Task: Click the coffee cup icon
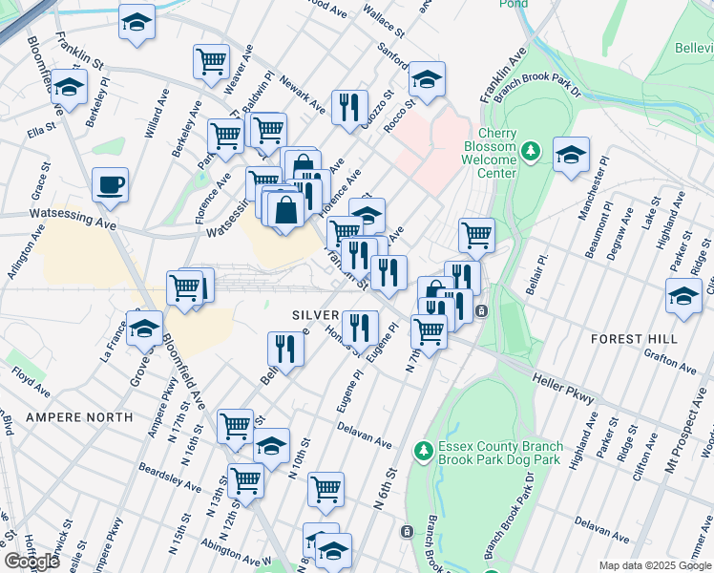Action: [111, 185]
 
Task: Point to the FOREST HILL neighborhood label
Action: [634, 339]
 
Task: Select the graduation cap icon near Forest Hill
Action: [683, 297]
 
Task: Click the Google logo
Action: [31, 562]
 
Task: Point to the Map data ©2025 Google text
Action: [656, 565]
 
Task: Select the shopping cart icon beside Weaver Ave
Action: [211, 62]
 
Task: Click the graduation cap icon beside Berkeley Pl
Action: [69, 87]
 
